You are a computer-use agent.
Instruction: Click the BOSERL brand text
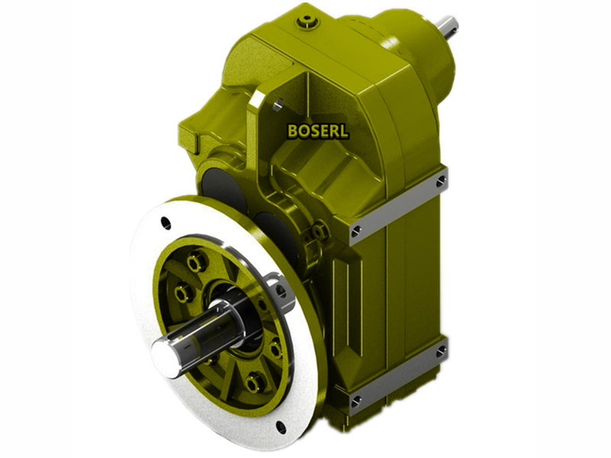(x=318, y=131)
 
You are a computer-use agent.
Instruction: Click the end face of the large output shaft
(x=162, y=353)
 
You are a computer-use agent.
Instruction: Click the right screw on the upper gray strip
(x=441, y=181)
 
